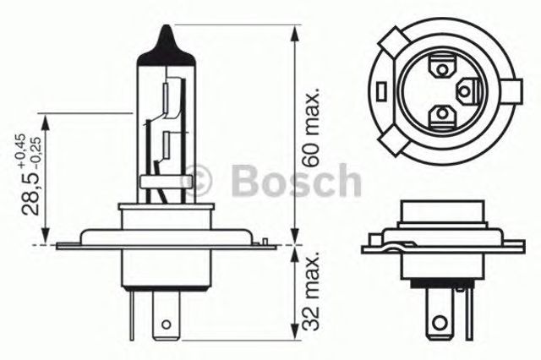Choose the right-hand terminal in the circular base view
click(467, 89)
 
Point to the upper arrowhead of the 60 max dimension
click(293, 32)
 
